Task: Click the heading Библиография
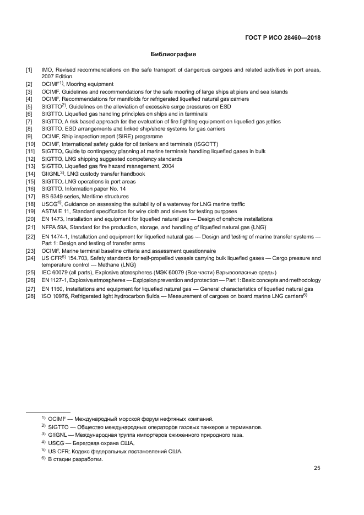[173, 55]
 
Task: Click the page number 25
[317, 468]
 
